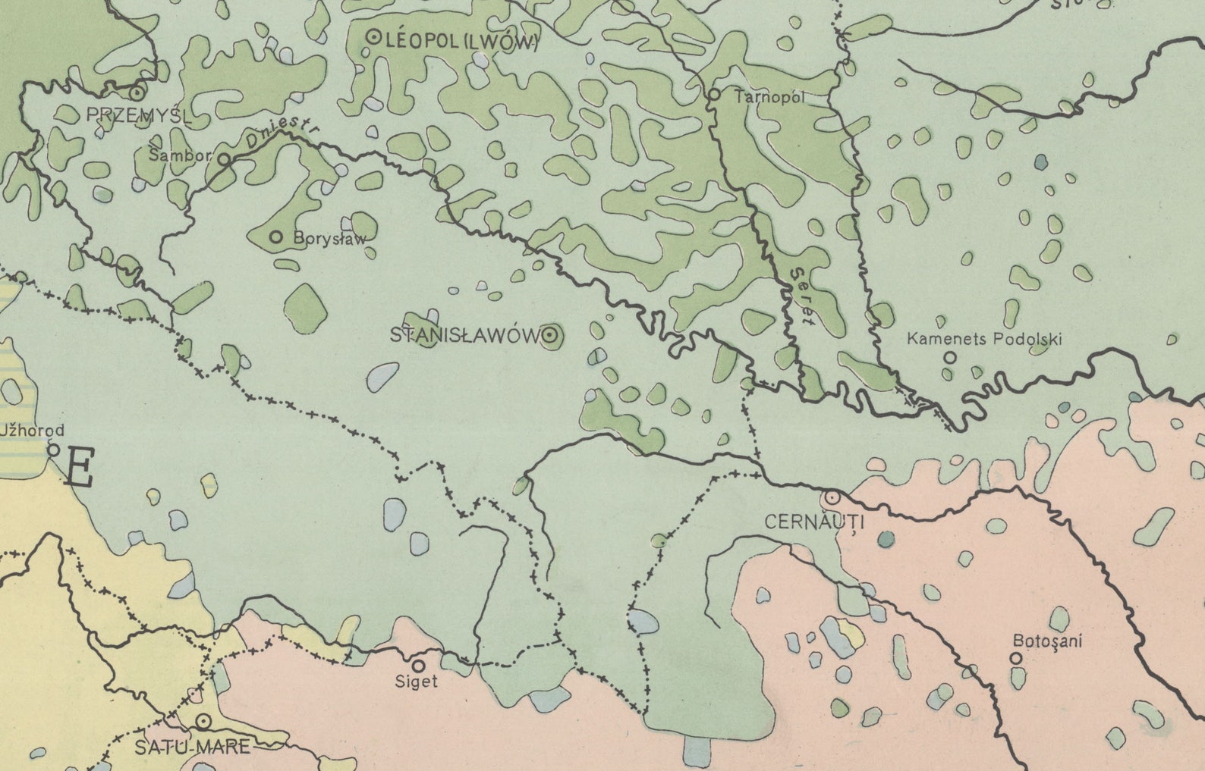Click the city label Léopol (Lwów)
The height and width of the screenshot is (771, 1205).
[x=461, y=42]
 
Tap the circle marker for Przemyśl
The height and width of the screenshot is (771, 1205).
[x=137, y=93]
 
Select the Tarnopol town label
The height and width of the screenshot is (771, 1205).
[x=769, y=97]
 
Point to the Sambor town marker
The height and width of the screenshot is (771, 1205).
[x=224, y=159]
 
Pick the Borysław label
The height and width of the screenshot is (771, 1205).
[x=329, y=238]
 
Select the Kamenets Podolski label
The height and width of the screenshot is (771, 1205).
[x=984, y=339]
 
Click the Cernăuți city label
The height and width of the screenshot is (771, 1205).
[x=814, y=522]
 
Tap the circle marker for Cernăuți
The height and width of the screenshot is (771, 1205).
[x=832, y=498]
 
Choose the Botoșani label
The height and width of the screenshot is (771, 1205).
[x=1047, y=641]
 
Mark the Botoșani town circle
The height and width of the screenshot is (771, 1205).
[x=1016, y=659]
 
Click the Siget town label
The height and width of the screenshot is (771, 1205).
[x=417, y=682]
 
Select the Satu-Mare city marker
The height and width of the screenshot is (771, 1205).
[x=203, y=721]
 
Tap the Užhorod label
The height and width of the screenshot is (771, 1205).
[x=32, y=431]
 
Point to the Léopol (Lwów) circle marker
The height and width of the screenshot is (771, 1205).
[x=373, y=36]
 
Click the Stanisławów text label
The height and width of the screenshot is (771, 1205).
[x=464, y=335]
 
